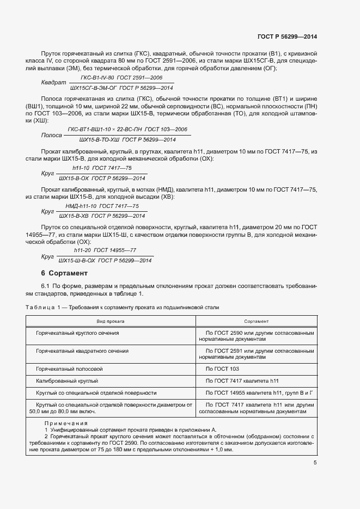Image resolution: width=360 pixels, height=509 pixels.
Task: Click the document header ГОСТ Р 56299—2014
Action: click(x=286, y=37)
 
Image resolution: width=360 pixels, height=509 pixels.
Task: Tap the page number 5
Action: click(x=315, y=463)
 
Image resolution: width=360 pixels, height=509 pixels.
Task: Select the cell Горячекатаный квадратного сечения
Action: click(x=82, y=351)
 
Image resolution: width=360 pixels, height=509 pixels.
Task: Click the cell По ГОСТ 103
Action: click(x=223, y=369)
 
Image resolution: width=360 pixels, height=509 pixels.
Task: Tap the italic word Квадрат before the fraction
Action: click(x=53, y=82)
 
